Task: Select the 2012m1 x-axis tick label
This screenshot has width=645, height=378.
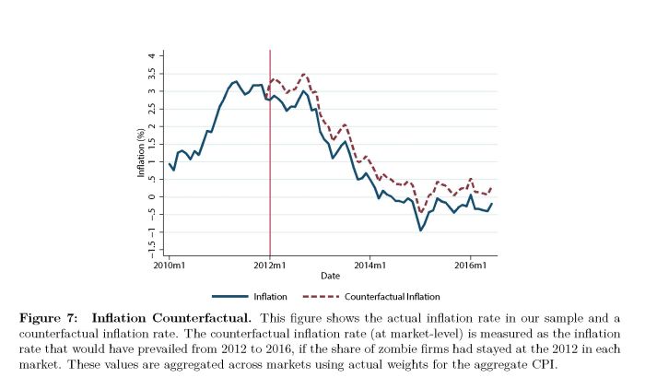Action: [269, 264]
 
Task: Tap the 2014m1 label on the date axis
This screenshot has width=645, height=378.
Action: [369, 264]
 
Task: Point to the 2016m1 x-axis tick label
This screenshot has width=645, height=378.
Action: [470, 264]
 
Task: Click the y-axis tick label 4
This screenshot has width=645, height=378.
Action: [153, 55]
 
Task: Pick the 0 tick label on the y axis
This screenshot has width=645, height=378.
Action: [153, 196]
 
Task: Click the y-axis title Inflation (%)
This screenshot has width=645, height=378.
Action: [141, 155]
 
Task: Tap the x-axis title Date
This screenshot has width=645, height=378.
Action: [329, 276]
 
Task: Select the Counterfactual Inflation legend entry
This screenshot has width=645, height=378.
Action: [391, 297]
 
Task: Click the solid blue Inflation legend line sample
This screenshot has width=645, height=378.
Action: [229, 297]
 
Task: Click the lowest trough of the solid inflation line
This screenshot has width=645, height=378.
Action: [421, 230]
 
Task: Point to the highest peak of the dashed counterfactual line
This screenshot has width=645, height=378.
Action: [305, 74]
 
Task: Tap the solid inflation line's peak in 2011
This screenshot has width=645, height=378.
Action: [236, 81]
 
